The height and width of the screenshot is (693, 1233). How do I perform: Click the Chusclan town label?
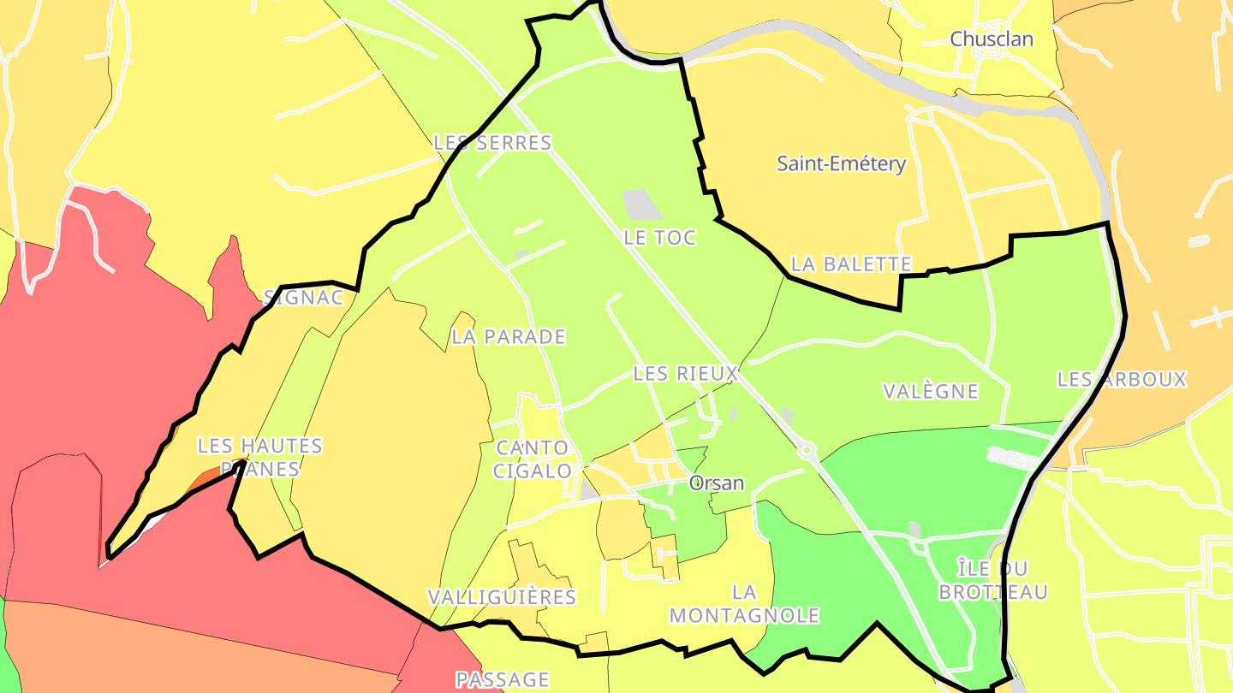click(992, 39)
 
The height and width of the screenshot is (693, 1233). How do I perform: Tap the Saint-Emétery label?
click(841, 163)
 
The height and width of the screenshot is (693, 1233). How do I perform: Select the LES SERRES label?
click(492, 143)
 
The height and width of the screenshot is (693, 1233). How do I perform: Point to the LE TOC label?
click(659, 238)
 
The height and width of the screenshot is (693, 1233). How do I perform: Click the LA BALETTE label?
click(851, 264)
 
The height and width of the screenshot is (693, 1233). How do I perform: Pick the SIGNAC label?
click(304, 298)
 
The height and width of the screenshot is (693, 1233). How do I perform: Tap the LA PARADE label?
click(509, 337)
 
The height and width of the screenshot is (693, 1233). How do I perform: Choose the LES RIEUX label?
click(685, 374)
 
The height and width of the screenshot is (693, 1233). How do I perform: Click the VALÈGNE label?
click(930, 392)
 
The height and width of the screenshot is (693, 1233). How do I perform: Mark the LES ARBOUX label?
click(1122, 379)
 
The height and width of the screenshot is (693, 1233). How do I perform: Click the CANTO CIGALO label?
click(532, 459)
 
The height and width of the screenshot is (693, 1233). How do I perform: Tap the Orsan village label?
click(717, 483)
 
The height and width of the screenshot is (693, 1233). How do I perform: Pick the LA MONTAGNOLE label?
click(744, 603)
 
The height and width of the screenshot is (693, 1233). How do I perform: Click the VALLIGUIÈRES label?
click(502, 596)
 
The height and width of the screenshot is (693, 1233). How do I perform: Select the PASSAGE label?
click(502, 680)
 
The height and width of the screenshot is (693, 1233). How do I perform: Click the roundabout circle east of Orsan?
click(806, 451)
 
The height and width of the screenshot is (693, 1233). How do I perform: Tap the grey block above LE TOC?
click(642, 205)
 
